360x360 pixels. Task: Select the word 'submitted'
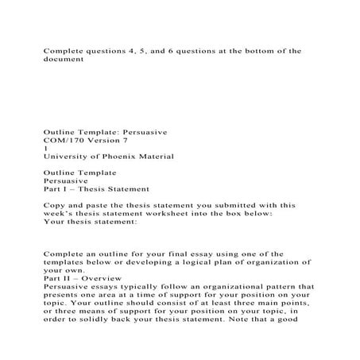235,205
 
